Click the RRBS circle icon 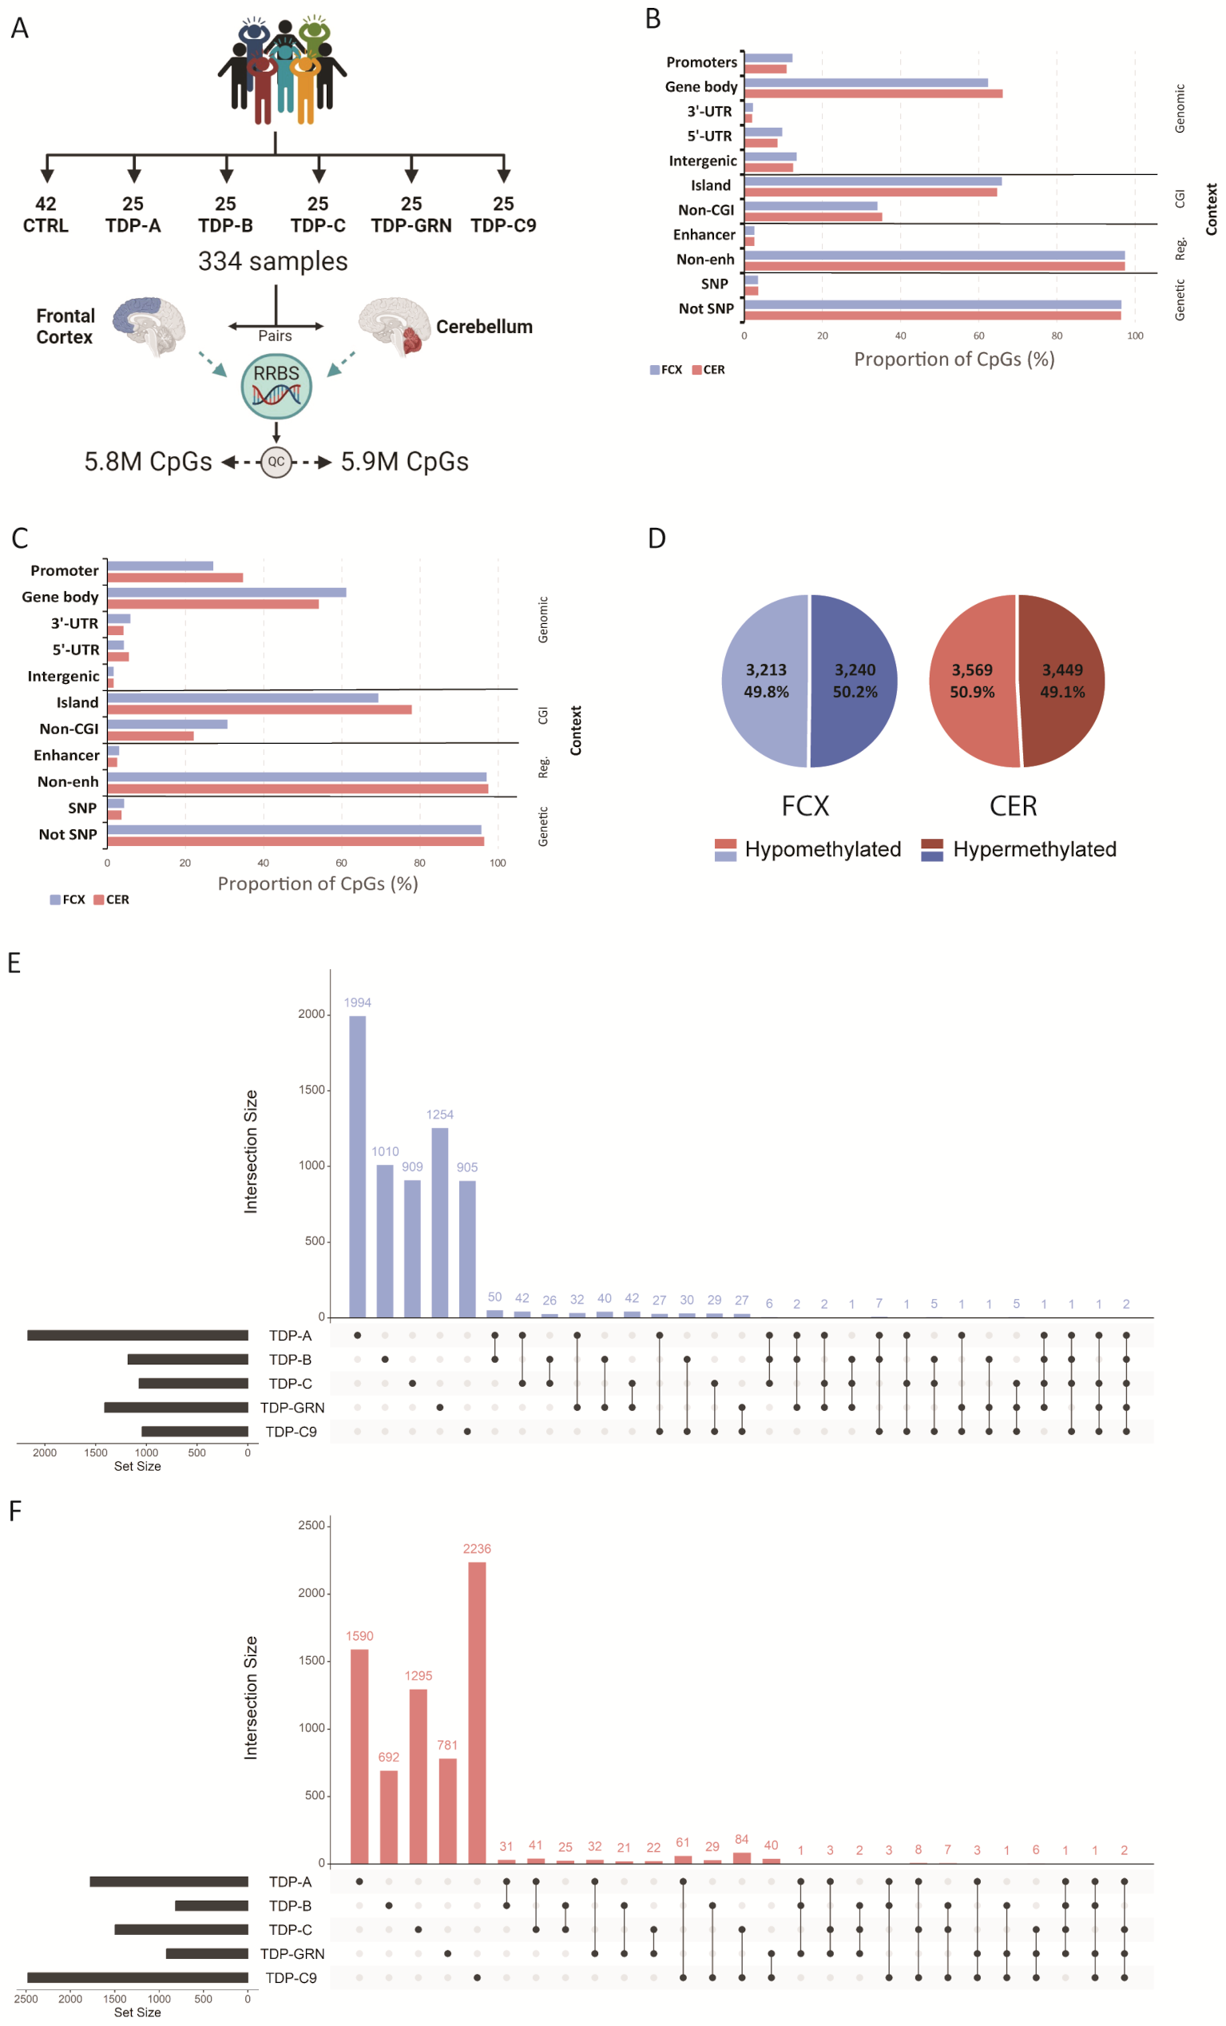[x=276, y=386]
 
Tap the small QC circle [x=276, y=461]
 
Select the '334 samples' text [x=272, y=261]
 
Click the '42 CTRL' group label [x=46, y=215]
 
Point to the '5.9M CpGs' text [x=405, y=461]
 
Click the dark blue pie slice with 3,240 [x=854, y=680]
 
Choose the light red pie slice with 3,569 [x=973, y=680]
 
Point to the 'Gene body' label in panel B [x=700, y=87]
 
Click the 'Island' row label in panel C [x=77, y=702]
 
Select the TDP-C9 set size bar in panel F [x=137, y=1977]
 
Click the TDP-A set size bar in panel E [x=137, y=1335]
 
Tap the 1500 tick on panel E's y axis [x=311, y=1090]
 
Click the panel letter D [x=657, y=538]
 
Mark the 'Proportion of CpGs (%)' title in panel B [x=954, y=360]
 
